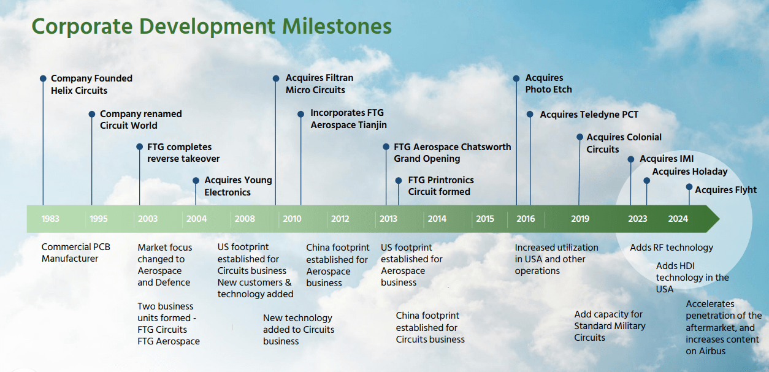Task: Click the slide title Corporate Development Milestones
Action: pyautogui.click(x=212, y=26)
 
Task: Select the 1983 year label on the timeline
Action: pyautogui.click(x=50, y=219)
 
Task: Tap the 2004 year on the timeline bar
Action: pyautogui.click(x=196, y=219)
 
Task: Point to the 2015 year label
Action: pyautogui.click(x=484, y=219)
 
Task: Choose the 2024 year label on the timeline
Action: pyautogui.click(x=678, y=219)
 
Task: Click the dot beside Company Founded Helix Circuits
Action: pyautogui.click(x=43, y=78)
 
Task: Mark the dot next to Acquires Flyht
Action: pyautogui.click(x=689, y=187)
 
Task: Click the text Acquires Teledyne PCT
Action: pyautogui.click(x=589, y=115)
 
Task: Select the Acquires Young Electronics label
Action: pyautogui.click(x=238, y=186)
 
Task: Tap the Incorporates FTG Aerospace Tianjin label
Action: pyautogui.click(x=348, y=119)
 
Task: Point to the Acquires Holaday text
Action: pyautogui.click(x=689, y=172)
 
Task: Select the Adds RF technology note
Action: pyautogui.click(x=671, y=248)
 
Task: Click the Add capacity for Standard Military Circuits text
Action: pyautogui.click(x=610, y=325)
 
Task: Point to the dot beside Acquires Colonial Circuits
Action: pyautogui.click(x=580, y=137)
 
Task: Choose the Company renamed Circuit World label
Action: pyautogui.click(x=140, y=120)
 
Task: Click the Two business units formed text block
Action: pyautogui.click(x=168, y=324)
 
